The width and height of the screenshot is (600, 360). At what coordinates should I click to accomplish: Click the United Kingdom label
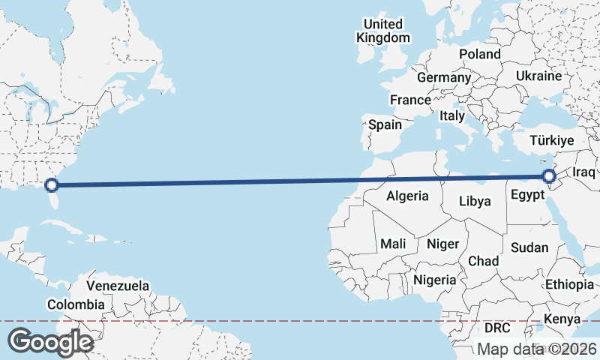click(383, 31)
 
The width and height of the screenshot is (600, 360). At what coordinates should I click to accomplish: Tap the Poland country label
click(480, 54)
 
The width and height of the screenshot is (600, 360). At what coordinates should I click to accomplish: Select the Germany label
click(444, 77)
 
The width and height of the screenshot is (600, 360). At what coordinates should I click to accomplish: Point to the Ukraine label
click(538, 76)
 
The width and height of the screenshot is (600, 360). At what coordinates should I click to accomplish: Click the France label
click(410, 100)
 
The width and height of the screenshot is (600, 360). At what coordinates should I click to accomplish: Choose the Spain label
click(385, 124)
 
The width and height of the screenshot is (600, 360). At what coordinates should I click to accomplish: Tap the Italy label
click(452, 115)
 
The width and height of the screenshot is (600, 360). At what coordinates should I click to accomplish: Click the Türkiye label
click(551, 140)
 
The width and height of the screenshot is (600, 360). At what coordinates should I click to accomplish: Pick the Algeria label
click(407, 196)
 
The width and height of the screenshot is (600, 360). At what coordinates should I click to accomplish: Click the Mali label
click(393, 244)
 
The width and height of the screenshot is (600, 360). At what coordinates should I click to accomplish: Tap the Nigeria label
click(435, 280)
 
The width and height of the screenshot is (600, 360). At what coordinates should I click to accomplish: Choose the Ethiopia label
click(569, 284)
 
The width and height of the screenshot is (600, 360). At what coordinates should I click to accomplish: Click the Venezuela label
click(118, 286)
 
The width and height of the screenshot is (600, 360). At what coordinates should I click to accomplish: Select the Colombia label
click(76, 304)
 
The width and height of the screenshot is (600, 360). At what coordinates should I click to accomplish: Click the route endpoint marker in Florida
click(52, 184)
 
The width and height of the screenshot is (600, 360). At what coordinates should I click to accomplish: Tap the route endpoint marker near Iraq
click(549, 176)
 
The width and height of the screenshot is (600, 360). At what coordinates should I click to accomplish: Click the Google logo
click(49, 342)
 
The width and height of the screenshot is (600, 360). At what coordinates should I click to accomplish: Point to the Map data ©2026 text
click(536, 349)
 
